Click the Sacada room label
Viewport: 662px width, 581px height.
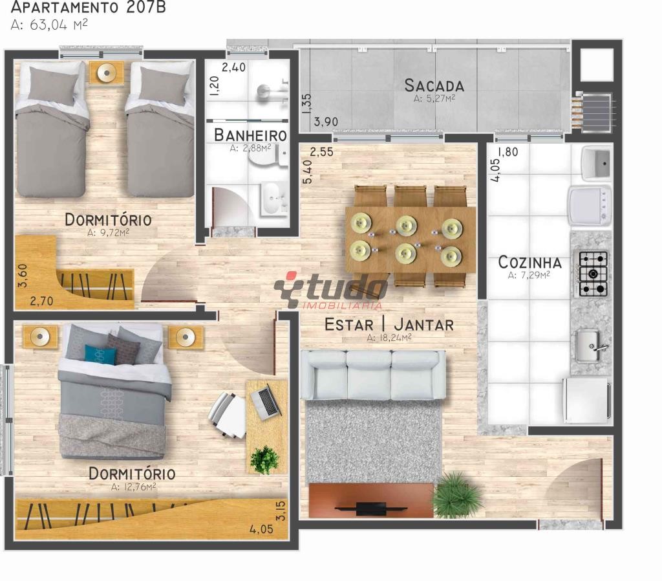coord(434,86)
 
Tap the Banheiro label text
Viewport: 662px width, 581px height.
coord(250,135)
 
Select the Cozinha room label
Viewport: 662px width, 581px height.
coord(530,263)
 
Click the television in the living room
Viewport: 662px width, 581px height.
coord(370,509)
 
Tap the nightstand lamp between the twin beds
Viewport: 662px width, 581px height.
coord(107,72)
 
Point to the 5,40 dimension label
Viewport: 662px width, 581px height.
coord(308,171)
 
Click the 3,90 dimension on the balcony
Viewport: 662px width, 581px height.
coord(326,122)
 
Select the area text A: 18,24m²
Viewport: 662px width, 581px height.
coord(389,338)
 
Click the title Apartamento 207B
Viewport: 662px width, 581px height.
coord(88,7)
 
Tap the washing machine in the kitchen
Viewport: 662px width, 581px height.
coord(590,204)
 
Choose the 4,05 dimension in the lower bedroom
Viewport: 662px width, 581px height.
coord(261,529)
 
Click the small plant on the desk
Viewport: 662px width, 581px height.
coord(264,459)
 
